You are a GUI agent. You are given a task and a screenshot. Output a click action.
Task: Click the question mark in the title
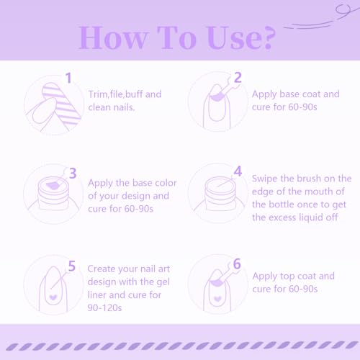point(267,38)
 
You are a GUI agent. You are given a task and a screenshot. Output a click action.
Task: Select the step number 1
point(68,78)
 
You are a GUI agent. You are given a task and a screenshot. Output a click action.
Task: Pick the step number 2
point(238,77)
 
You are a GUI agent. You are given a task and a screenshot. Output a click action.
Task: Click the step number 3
point(73,174)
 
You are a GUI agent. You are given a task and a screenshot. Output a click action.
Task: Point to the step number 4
point(238,171)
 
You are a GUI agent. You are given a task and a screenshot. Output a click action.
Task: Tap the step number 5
point(72,266)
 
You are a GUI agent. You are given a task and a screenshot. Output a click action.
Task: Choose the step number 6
point(237,264)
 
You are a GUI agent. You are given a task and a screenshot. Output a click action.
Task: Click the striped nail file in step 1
point(62,104)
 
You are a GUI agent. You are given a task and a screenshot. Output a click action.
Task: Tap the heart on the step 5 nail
point(53,297)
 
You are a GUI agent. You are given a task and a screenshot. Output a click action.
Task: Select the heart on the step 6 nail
point(217,299)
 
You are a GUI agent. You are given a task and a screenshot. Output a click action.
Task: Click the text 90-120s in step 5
point(104,307)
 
